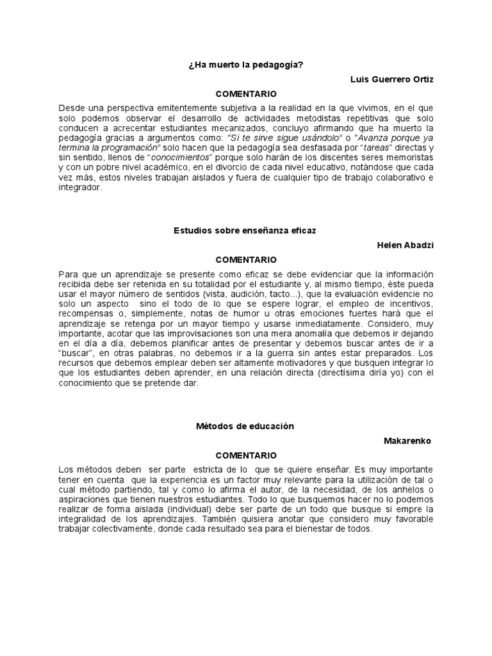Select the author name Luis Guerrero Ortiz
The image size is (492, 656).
pos(391,79)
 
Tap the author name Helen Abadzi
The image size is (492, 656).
pos(406,244)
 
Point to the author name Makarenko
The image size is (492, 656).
pos(407,441)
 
